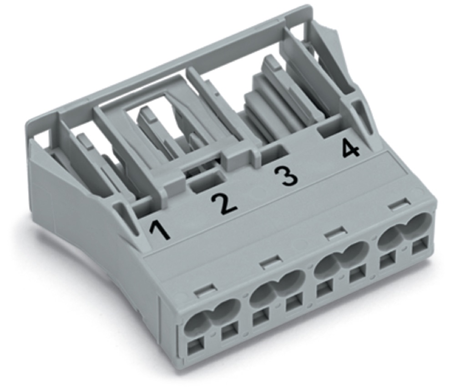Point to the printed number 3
click(286, 176)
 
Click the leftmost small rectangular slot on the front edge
click(206, 291)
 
